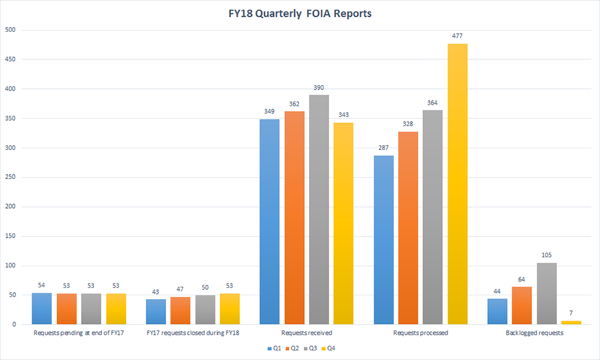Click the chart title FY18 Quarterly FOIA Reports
point(299,13)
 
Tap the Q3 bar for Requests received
point(318,209)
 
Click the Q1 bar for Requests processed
point(383,240)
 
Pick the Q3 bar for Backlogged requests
point(546,293)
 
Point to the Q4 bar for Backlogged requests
point(571,323)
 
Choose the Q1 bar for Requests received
point(269,222)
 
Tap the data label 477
point(457,37)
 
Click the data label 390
point(318,88)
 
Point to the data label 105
point(546,256)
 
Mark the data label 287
point(383,148)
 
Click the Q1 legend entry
point(274,348)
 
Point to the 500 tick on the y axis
point(10,30)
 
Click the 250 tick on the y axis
point(10,178)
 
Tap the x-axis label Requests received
point(306,332)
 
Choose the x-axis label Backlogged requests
point(534,332)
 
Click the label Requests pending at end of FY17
point(79,332)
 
